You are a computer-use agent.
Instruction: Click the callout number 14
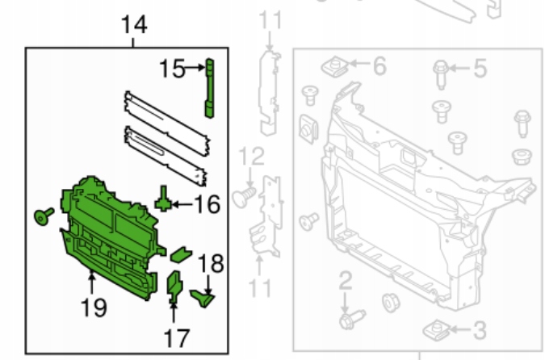[135, 26]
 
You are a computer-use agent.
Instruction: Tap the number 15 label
[172, 69]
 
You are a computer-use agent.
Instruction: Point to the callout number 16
[208, 203]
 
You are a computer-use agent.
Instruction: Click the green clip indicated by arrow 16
[164, 197]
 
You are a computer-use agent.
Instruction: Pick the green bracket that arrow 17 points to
[174, 287]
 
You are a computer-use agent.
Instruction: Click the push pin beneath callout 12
[242, 195]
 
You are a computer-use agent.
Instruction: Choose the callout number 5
[480, 69]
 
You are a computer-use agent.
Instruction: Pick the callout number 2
[346, 282]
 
